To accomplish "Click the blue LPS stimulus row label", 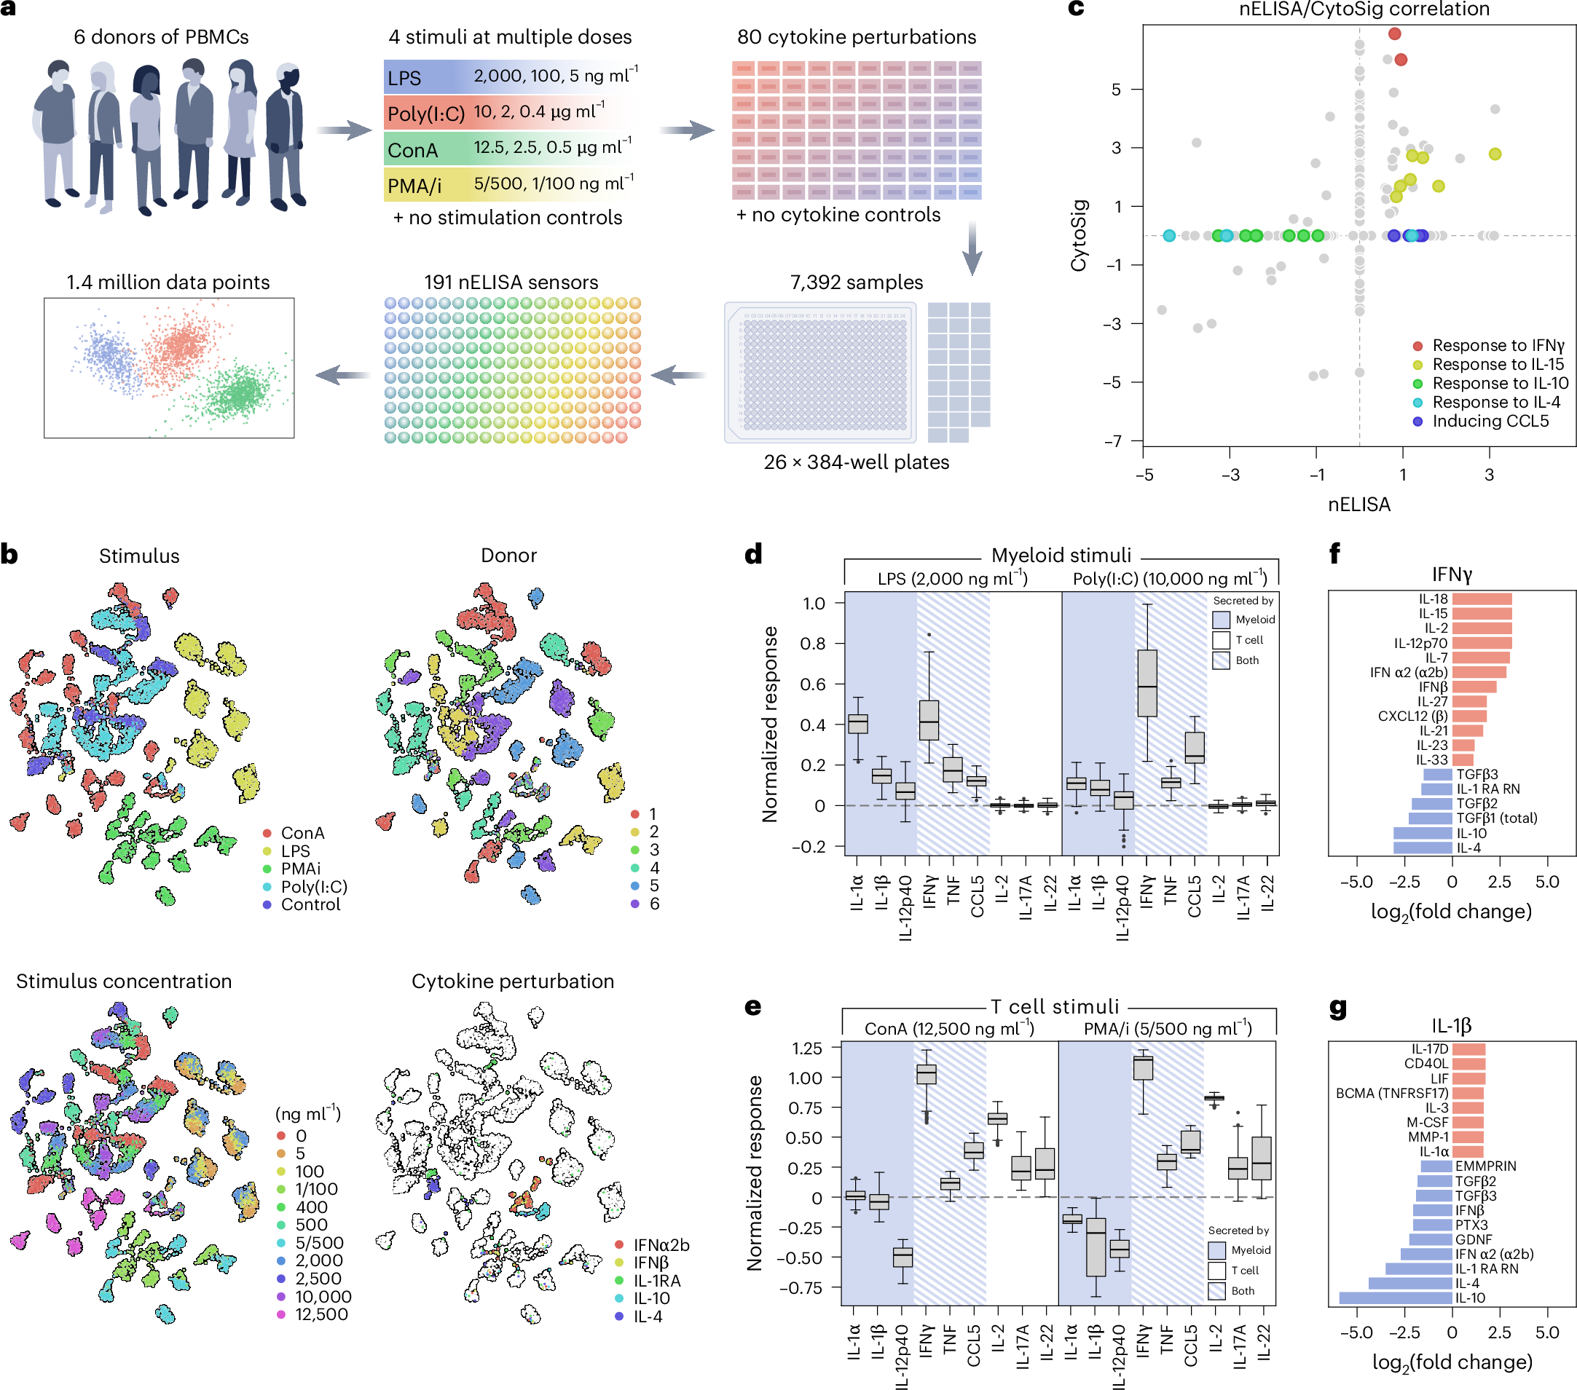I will click(405, 78).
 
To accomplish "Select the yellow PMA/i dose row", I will click(509, 185).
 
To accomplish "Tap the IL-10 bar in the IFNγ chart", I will click(1422, 833).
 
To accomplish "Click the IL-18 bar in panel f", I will click(1482, 599).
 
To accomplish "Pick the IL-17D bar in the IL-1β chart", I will click(1468, 1049).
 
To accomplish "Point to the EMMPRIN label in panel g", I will click(1485, 1166).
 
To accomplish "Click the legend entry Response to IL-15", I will click(1497, 364).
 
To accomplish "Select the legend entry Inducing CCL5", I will click(1489, 421).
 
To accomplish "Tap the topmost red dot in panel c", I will click(1394, 33).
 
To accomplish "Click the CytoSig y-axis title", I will click(1079, 235).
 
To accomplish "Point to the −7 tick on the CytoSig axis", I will click(1112, 441).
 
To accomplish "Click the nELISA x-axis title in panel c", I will click(1358, 505).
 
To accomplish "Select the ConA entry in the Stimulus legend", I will click(302, 833).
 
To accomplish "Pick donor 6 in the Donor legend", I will click(653, 904).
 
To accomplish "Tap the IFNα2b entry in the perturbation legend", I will click(661, 1245).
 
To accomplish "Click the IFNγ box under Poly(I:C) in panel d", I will click(1147, 684).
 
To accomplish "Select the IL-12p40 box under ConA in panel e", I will click(902, 1257).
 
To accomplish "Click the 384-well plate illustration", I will click(820, 373).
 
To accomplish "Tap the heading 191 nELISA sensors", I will click(511, 283).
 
